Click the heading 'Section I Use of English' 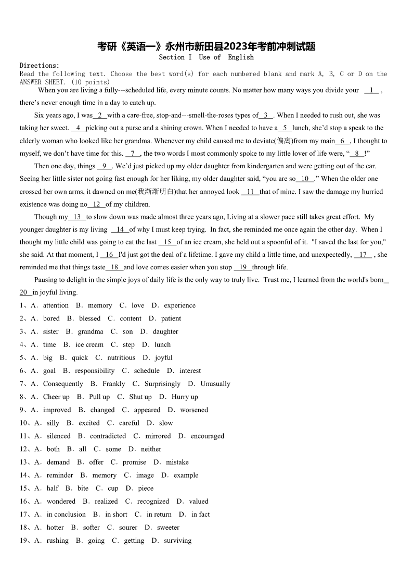point(206,57)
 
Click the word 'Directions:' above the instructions point(40,66)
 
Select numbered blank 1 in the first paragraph point(371,91)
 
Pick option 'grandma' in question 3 point(91,332)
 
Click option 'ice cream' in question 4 point(89,345)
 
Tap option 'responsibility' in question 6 point(95,371)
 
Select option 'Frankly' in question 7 point(114,384)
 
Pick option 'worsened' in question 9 point(194,410)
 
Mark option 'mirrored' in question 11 point(158,436)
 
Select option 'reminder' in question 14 point(60,475)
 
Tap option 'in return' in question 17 point(159,514)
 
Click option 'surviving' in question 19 point(178,541)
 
